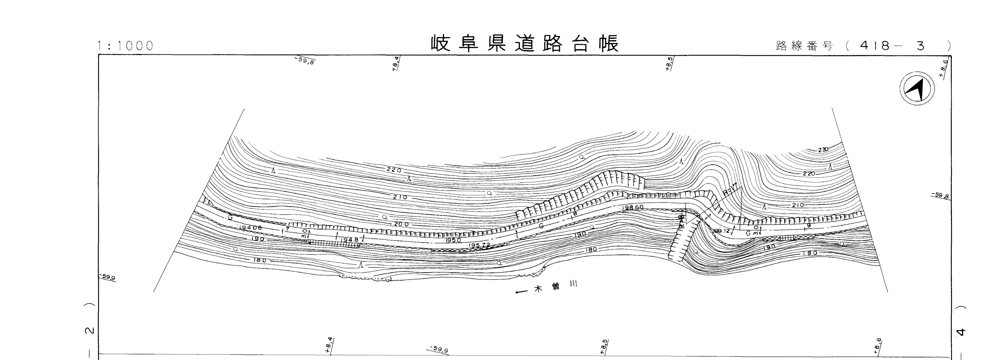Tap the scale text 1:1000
click(x=125, y=46)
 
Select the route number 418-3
click(x=892, y=46)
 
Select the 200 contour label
click(x=401, y=224)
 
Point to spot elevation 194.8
click(x=350, y=240)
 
